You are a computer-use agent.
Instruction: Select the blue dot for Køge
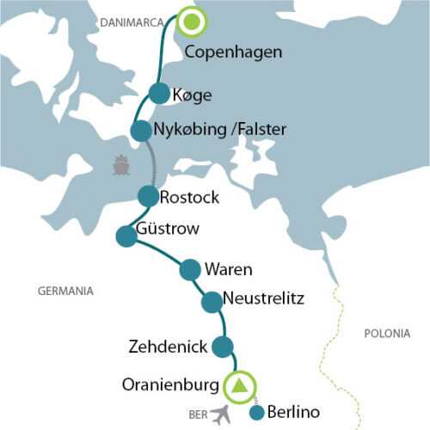(158, 93)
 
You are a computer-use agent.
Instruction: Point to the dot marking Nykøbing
(140, 131)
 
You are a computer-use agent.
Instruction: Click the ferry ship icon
(121, 164)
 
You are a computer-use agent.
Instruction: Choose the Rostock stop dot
(148, 196)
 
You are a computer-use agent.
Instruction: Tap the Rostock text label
(189, 197)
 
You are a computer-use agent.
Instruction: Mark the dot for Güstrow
(126, 235)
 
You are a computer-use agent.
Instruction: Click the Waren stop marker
(190, 270)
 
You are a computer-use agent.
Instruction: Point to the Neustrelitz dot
(212, 302)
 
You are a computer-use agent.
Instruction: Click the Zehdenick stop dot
(223, 347)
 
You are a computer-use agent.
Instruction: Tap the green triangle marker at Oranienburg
(240, 384)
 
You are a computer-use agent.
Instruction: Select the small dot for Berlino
(256, 414)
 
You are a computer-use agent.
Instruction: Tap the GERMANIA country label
(65, 291)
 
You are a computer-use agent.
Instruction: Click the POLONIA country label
(387, 332)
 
